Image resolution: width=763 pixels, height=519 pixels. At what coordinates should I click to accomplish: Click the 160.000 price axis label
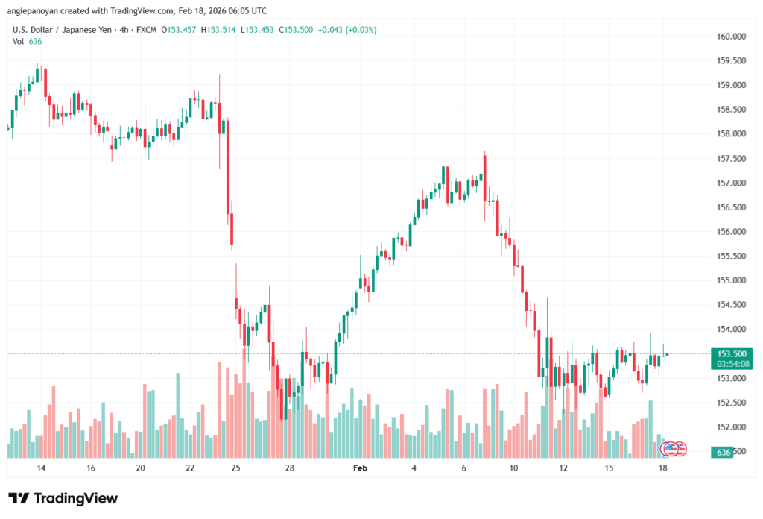click(731, 36)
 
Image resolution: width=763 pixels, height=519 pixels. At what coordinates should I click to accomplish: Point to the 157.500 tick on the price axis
click(731, 159)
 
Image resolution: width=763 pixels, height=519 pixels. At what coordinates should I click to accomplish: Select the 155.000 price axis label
click(731, 280)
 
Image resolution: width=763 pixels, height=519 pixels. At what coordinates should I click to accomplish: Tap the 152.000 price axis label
click(731, 427)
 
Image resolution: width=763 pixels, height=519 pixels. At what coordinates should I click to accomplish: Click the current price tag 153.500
click(730, 354)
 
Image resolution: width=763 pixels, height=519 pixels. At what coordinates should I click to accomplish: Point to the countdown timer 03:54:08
click(730, 364)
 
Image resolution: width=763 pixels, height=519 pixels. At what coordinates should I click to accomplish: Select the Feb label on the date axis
click(360, 468)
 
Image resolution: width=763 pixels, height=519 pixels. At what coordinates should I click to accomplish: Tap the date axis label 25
click(235, 468)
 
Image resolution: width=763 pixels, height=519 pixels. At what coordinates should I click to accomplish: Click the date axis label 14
click(41, 468)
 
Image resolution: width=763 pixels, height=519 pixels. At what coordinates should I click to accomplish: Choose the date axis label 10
click(513, 468)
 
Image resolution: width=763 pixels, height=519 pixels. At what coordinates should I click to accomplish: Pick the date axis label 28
click(290, 468)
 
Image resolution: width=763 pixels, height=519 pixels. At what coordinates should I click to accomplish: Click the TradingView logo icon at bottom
click(19, 499)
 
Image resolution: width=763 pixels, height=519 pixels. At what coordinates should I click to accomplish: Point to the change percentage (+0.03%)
click(361, 30)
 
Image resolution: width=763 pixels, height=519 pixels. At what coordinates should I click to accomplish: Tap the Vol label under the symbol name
click(19, 41)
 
